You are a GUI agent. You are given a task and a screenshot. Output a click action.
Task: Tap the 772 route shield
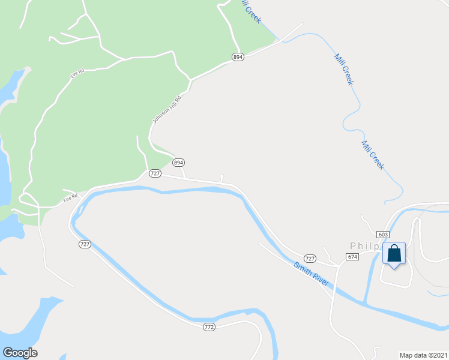click(208, 327)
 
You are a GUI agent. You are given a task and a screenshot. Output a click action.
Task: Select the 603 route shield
click(384, 234)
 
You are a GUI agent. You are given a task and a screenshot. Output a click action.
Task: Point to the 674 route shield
click(352, 256)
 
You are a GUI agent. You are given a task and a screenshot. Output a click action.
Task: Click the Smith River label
click(312, 273)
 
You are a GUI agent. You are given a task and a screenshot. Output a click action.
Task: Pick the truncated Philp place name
click(366, 246)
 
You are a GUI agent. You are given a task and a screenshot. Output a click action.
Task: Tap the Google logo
click(20, 353)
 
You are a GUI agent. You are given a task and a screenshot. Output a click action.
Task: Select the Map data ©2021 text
click(423, 354)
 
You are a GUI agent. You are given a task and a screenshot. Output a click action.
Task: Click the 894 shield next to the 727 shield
click(178, 163)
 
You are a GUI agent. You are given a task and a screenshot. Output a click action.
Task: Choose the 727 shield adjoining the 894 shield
click(155, 173)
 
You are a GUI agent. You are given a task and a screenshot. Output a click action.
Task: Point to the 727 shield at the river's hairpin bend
click(85, 244)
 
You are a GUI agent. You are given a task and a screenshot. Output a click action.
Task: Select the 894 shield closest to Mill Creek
click(238, 56)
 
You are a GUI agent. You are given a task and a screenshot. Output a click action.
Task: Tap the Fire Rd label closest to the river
click(71, 197)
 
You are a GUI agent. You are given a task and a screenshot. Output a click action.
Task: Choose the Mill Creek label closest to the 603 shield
click(372, 155)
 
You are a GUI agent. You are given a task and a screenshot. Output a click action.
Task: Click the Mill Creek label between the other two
click(343, 69)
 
